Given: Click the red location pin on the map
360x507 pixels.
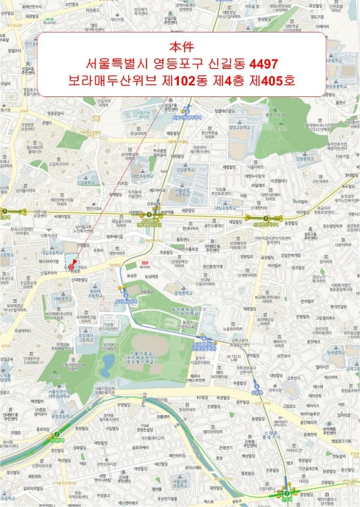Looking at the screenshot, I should pyautogui.click(x=71, y=267).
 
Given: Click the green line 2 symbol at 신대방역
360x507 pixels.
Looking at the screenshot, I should pyautogui.click(x=53, y=436).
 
